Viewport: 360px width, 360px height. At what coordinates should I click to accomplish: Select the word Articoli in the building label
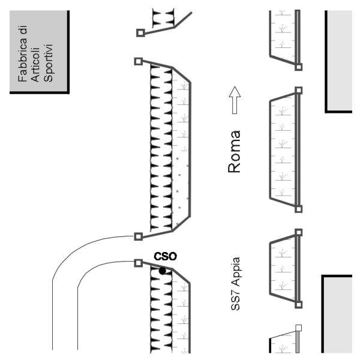pos(35,65)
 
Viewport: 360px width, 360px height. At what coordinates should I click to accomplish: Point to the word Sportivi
pos(49,63)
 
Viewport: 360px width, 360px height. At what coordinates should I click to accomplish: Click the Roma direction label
pos(234,152)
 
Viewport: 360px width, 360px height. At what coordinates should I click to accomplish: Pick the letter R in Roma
pos(234,167)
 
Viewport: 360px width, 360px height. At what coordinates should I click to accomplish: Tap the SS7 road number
pos(235,301)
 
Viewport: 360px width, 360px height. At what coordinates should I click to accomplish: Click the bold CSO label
pos(166,256)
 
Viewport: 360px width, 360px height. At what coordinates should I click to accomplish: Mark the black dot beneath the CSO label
pos(163,271)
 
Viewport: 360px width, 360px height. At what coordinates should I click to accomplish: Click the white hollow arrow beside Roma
pos(235,100)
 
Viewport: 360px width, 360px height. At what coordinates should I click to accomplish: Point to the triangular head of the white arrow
pos(235,91)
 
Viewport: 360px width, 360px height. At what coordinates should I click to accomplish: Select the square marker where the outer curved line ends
pos(138,236)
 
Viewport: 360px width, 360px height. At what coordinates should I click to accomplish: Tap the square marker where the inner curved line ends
pos(138,263)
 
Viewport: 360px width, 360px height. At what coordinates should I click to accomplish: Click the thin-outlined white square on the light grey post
pos(298,328)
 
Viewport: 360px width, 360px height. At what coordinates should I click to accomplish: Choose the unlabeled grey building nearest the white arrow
pos(338,62)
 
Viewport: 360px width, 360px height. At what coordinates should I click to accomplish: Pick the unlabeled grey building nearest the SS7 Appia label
pos(337,314)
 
